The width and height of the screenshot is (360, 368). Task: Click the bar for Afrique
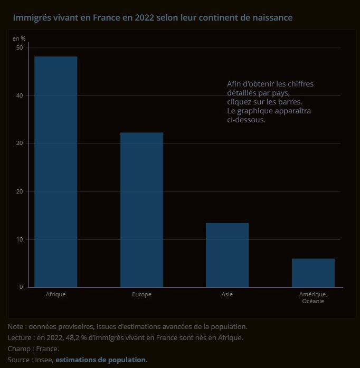pyautogui.click(x=56, y=172)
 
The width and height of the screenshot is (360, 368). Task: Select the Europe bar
pyautogui.click(x=141, y=210)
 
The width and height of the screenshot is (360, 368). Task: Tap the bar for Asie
pyautogui.click(x=227, y=255)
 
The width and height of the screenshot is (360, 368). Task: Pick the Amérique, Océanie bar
pyautogui.click(x=313, y=273)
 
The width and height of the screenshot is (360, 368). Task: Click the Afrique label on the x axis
pyautogui.click(x=56, y=294)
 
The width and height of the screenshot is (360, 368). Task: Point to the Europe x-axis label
pyautogui.click(x=141, y=294)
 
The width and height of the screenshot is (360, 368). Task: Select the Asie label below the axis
pyautogui.click(x=227, y=294)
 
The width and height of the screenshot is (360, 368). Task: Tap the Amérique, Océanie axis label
pyautogui.click(x=313, y=298)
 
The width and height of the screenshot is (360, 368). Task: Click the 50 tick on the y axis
pyautogui.click(x=20, y=47)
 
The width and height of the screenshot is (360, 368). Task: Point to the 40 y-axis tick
pyautogui.click(x=20, y=95)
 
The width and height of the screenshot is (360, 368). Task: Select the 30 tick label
pyautogui.click(x=20, y=143)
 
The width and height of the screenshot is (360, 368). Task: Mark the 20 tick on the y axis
pyautogui.click(x=20, y=191)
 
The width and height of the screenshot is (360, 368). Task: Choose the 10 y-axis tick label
pyautogui.click(x=20, y=239)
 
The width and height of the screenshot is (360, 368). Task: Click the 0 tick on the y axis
pyautogui.click(x=22, y=287)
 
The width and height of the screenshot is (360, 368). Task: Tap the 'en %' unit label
pyautogui.click(x=19, y=38)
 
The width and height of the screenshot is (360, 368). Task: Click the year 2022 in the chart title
pyautogui.click(x=145, y=18)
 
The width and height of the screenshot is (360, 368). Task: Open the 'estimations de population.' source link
pyautogui.click(x=101, y=360)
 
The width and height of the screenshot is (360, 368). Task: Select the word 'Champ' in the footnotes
pyautogui.click(x=19, y=349)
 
